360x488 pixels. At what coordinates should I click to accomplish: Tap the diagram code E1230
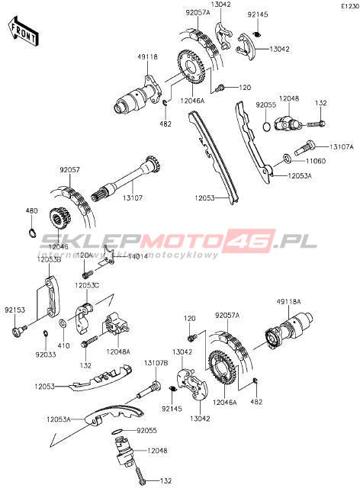(x=350, y=6)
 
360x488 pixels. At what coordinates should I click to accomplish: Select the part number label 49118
(x=148, y=57)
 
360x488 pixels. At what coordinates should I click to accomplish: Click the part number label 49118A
(x=288, y=302)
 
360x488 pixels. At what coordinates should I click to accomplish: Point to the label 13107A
(x=342, y=147)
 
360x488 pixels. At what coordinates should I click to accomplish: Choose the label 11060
(x=316, y=161)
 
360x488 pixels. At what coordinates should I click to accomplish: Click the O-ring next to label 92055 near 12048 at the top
(x=266, y=127)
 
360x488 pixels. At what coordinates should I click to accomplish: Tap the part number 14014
(x=138, y=256)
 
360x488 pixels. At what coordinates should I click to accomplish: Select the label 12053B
(x=49, y=259)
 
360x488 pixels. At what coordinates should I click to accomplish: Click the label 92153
(x=14, y=310)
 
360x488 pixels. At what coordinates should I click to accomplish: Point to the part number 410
(x=64, y=345)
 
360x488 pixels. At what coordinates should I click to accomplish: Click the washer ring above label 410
(x=62, y=323)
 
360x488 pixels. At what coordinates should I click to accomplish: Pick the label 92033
(x=46, y=355)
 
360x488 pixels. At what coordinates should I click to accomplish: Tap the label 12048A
(x=118, y=352)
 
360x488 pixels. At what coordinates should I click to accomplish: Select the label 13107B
(x=156, y=363)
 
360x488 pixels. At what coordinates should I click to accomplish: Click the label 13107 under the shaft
(x=133, y=197)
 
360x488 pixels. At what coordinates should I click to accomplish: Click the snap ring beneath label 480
(x=31, y=232)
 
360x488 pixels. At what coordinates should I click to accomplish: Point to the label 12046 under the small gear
(x=58, y=247)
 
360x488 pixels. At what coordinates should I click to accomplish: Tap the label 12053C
(x=87, y=285)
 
